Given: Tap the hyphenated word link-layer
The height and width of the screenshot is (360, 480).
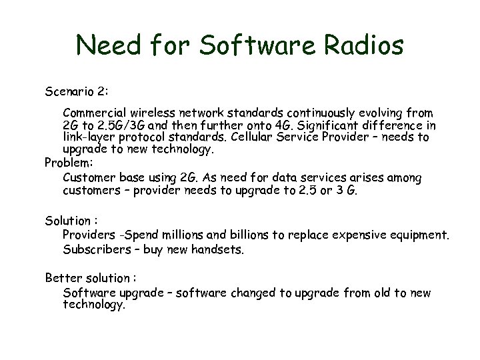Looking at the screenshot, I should [93, 138].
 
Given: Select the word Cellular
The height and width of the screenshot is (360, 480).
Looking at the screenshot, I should [273, 138].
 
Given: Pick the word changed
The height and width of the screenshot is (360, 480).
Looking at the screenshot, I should [256, 293].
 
